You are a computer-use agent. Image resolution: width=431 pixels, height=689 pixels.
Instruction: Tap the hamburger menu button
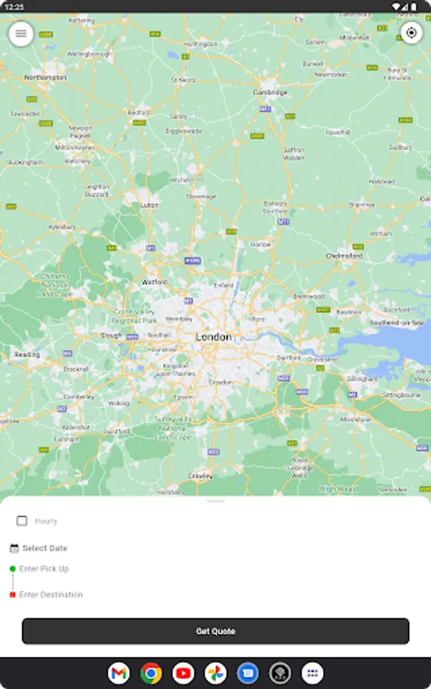click(21, 33)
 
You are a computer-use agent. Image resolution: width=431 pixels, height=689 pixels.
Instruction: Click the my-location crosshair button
click(412, 33)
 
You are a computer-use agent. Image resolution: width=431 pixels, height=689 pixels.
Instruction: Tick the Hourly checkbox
click(22, 521)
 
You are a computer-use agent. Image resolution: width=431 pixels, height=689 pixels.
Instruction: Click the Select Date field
click(44, 548)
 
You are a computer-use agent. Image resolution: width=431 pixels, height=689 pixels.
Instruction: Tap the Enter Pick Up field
click(44, 569)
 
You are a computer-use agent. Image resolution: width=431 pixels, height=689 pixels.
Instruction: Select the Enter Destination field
click(51, 595)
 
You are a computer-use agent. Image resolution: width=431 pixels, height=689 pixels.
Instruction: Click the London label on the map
click(213, 337)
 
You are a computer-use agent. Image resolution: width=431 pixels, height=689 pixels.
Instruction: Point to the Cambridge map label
click(270, 93)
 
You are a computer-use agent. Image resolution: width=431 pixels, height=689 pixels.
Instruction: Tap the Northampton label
click(45, 77)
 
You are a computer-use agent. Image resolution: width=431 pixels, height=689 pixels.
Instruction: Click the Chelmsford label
click(344, 256)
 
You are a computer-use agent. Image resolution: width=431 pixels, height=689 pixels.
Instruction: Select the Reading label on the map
click(27, 354)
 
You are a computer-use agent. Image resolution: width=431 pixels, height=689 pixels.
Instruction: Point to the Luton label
click(149, 205)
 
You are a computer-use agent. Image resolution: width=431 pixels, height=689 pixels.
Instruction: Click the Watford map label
click(155, 282)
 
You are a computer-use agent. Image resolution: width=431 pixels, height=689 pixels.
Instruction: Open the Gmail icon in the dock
click(119, 674)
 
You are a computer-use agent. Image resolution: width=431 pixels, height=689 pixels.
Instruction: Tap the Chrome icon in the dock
click(151, 674)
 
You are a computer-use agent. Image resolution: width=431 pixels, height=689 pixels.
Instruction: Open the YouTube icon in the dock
click(184, 674)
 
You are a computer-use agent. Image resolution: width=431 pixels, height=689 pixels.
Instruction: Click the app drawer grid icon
click(312, 674)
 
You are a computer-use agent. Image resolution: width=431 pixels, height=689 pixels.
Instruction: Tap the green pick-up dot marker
click(12, 569)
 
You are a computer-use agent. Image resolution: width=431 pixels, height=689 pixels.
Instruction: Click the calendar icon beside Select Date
click(14, 548)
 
